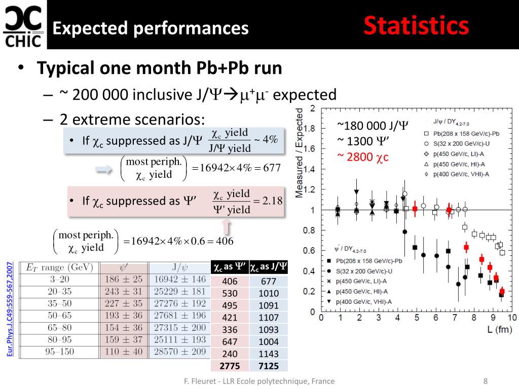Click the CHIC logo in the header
[23, 25]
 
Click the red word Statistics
[416, 26]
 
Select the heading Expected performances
[151, 28]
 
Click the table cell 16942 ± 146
[180, 279]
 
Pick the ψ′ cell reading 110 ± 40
[124, 352]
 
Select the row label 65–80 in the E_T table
[59, 328]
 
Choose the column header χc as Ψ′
[229, 267]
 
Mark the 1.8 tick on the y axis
[309, 129]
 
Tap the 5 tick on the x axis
[417, 318]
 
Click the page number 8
[485, 381]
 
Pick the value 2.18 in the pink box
[272, 201]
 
